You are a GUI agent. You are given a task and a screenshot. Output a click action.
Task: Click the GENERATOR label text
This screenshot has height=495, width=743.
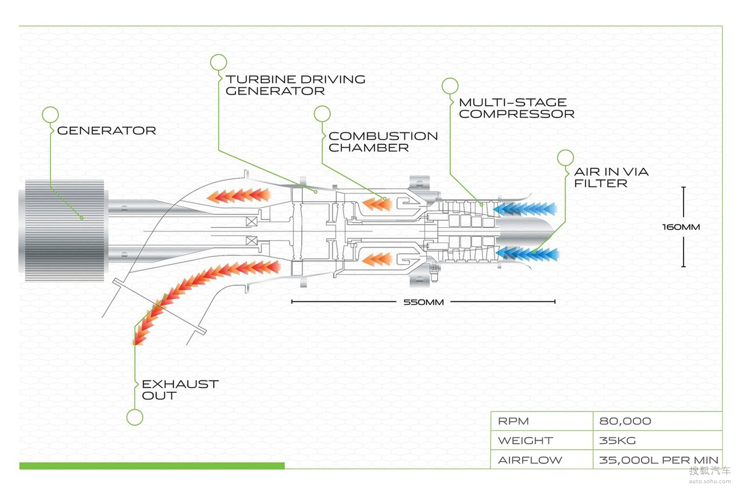pos(106,131)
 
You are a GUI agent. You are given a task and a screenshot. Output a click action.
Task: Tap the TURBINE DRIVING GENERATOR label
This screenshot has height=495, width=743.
pos(295,85)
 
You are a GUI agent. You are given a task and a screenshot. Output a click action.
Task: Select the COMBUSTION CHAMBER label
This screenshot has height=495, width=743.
pos(383,142)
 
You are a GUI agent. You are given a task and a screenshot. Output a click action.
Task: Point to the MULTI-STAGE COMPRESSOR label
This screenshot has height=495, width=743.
pos(516,108)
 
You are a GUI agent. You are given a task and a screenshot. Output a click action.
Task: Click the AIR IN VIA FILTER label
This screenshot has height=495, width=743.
pos(611,177)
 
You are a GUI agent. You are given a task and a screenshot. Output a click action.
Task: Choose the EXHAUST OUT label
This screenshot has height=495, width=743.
pos(180,390)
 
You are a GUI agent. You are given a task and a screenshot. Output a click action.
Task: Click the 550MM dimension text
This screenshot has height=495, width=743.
pos(424,303)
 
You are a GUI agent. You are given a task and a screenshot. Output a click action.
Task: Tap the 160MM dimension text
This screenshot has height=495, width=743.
pos(681,227)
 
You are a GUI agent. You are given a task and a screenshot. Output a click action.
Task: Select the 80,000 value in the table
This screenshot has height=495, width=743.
pos(625,421)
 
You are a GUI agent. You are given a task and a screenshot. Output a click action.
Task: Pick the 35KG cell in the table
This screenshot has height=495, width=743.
pos(617,441)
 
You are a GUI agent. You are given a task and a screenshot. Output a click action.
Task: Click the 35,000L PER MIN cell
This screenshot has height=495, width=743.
pos(658,460)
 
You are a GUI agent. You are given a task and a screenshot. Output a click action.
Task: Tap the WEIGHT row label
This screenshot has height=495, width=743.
pos(525,441)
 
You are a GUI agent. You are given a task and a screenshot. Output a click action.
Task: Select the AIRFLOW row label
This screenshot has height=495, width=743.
pos(530,460)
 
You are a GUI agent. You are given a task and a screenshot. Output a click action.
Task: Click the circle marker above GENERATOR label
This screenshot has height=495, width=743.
pos(50,114)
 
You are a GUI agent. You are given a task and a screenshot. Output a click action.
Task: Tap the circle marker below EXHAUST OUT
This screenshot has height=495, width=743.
pos(134,417)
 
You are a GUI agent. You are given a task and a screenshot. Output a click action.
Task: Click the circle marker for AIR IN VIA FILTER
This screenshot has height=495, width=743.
pos(565,158)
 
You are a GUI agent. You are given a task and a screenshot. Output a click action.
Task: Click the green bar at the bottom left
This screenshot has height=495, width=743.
pos(152,465)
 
